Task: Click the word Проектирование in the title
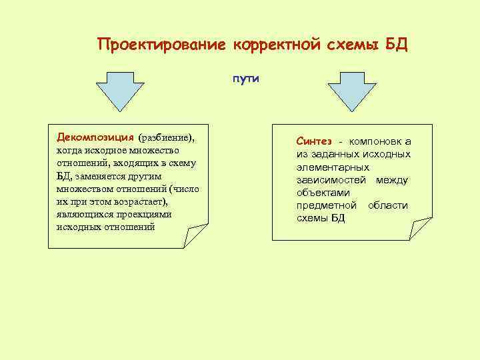point(163,45)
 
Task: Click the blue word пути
point(246,79)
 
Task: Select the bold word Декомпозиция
point(95,137)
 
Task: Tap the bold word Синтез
point(315,141)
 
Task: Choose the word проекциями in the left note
point(143,215)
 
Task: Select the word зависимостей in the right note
point(333,180)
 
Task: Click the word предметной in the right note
point(327,205)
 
